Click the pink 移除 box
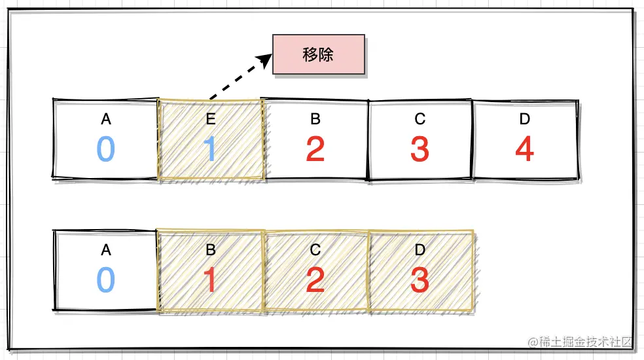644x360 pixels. point(319,54)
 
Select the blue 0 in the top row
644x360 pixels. point(106,149)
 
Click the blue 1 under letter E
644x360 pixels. point(210,149)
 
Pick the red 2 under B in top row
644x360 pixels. point(315,149)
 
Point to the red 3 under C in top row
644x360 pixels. point(420,149)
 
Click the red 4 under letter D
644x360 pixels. point(524,149)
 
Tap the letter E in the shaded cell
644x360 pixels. point(211,119)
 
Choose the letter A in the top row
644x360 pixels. point(106,119)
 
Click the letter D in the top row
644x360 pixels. point(524,119)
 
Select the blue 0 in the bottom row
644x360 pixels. point(106,280)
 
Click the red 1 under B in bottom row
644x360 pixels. point(210,280)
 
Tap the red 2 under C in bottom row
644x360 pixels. point(315,280)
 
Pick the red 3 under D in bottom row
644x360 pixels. point(420,280)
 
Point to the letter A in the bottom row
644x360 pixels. point(106,250)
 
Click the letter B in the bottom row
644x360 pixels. point(211,250)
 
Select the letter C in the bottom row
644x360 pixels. point(315,250)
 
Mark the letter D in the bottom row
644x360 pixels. point(420,250)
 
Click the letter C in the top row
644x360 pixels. point(420,119)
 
